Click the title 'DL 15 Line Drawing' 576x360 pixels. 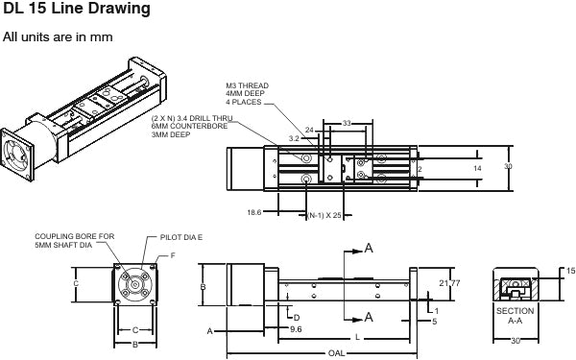[77, 9]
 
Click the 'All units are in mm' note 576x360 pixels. [58, 37]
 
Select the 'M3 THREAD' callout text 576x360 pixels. [248, 85]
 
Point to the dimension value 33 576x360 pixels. [347, 124]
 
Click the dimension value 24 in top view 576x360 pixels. [309, 130]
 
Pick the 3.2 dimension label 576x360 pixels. [294, 138]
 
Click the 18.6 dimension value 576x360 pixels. [254, 212]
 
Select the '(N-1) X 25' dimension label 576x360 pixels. [324, 215]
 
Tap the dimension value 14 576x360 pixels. [477, 168]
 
